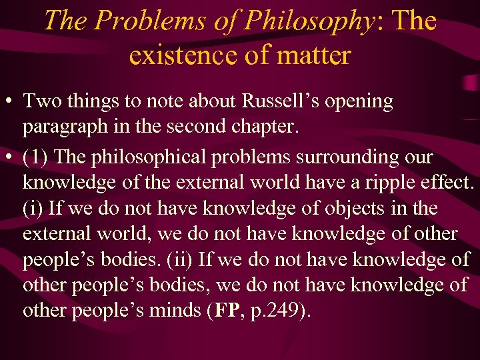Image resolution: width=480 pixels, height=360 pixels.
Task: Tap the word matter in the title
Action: point(315,55)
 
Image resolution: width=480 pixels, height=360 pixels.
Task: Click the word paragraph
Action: point(64,127)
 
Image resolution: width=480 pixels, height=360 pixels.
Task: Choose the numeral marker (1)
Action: point(36,158)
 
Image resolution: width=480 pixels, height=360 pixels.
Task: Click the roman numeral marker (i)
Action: point(35,209)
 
